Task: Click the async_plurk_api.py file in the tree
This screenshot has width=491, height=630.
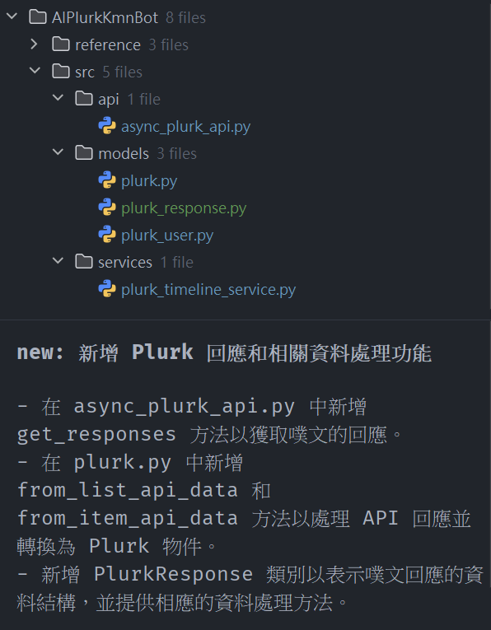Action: [x=185, y=127]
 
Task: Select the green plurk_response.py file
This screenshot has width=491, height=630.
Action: [x=184, y=208]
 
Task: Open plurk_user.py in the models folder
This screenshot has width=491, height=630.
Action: [x=167, y=236]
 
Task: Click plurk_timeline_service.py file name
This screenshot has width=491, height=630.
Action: [x=208, y=290]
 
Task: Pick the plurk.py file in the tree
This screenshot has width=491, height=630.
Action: [x=149, y=181]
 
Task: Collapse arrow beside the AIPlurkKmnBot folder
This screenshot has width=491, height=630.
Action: [x=12, y=16]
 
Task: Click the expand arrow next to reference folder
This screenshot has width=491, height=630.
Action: [x=35, y=44]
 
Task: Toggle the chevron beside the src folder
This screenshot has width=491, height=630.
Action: [x=35, y=71]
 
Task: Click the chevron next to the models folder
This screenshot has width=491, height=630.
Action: [x=58, y=152]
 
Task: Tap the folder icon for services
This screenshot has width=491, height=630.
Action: [x=84, y=262]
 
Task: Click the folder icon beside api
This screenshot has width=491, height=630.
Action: [x=84, y=99]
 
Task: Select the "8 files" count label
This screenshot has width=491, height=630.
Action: [x=185, y=17]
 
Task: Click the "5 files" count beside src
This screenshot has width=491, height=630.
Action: [x=122, y=72]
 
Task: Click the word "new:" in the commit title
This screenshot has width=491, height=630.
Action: [x=40, y=352]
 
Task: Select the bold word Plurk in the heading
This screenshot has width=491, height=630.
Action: [x=163, y=352]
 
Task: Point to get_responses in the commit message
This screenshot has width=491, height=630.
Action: [x=96, y=435]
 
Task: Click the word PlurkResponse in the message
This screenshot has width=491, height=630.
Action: [x=173, y=574]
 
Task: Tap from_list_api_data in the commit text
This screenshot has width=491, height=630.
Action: [x=128, y=490]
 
